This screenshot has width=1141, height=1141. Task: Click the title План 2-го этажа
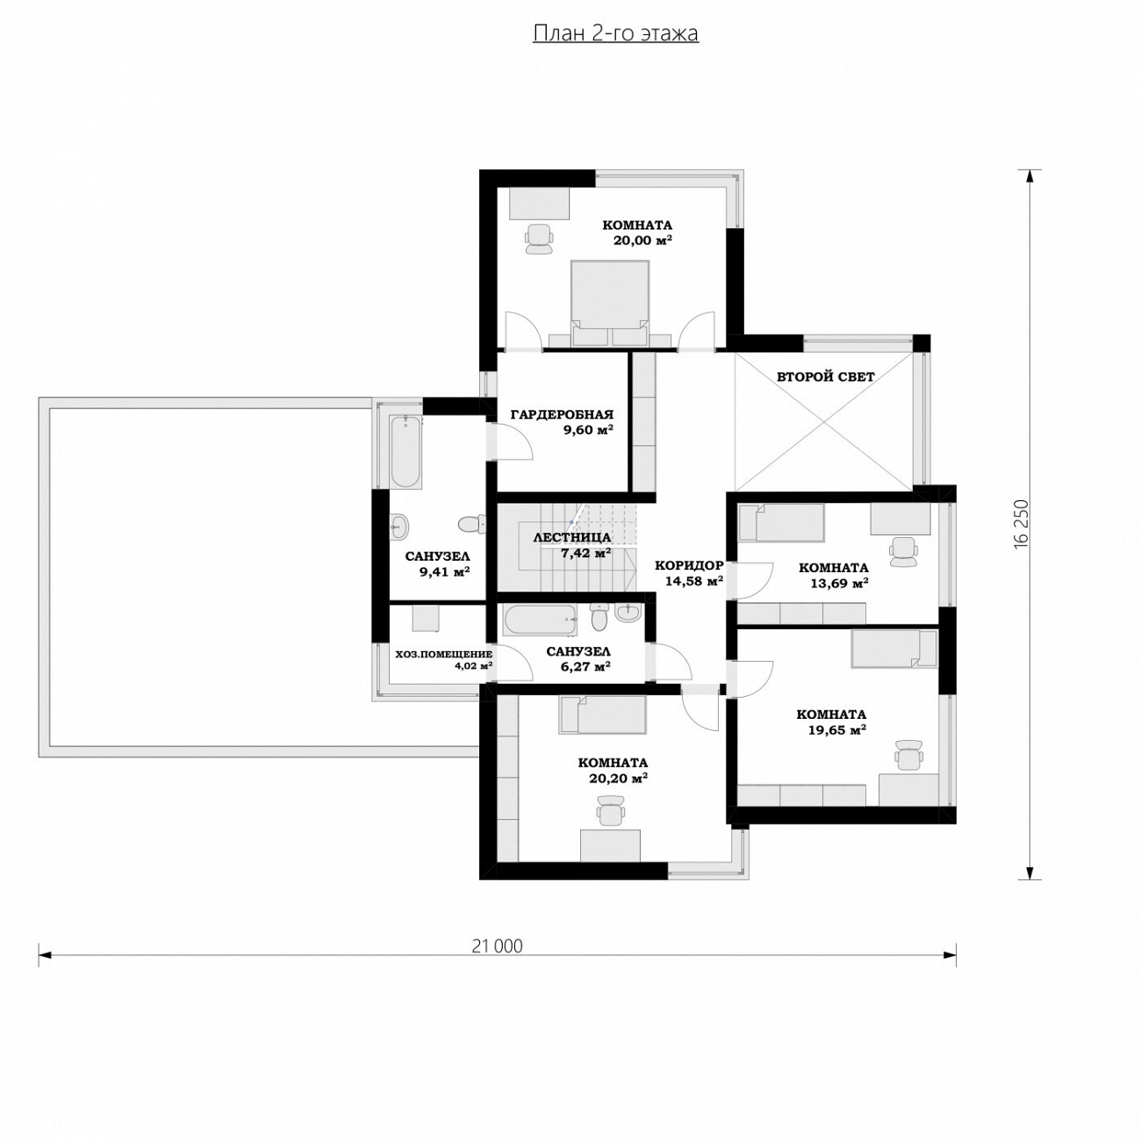(615, 33)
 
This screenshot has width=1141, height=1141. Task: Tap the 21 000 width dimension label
(497, 946)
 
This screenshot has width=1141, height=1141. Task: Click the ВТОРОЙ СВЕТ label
(825, 377)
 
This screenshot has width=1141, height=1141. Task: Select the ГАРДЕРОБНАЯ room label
(562, 414)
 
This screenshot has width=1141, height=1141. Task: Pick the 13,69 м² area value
(839, 584)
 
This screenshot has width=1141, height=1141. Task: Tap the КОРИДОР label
(689, 565)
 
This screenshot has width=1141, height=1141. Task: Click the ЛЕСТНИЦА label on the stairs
(572, 538)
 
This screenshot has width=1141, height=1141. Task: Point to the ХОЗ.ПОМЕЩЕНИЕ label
(443, 654)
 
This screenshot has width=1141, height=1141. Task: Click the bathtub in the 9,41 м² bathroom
(406, 452)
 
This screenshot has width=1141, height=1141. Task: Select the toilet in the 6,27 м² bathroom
(599, 618)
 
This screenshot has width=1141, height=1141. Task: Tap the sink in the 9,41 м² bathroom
(399, 525)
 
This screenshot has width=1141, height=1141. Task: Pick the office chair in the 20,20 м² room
(610, 808)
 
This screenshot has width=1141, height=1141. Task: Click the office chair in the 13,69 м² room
(904, 551)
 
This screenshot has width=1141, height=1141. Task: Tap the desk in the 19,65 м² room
(908, 789)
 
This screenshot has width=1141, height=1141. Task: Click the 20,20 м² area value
(618, 779)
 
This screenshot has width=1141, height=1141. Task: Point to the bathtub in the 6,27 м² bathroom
(540, 620)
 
